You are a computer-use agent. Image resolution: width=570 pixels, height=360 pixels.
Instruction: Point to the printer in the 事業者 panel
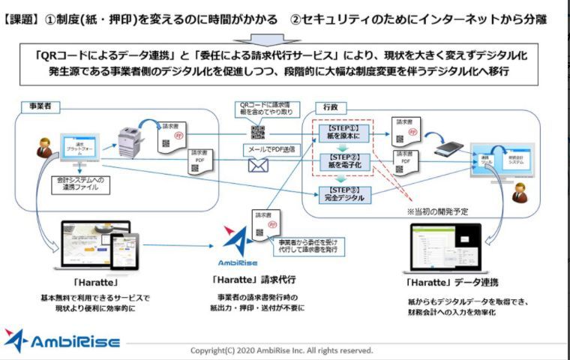tap(130, 139)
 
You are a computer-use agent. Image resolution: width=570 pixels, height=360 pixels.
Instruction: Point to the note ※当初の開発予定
tap(437, 211)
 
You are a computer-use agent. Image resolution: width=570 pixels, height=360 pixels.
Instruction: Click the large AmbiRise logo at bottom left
tap(61, 341)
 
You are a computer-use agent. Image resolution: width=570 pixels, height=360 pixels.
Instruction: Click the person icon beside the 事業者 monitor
tap(43, 148)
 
